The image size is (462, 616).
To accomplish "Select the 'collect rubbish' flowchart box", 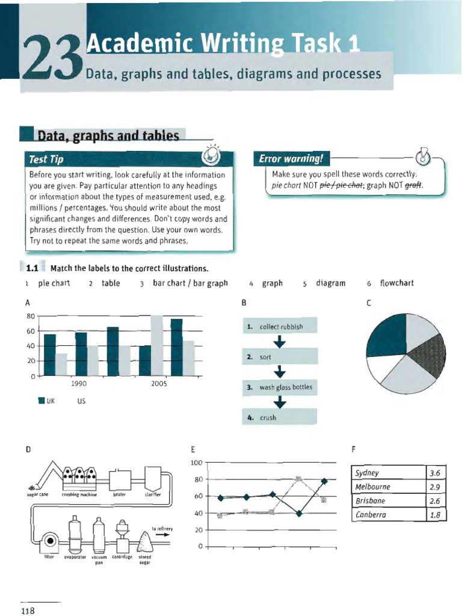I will click(280, 327).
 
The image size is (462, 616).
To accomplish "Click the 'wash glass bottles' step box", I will click(280, 387).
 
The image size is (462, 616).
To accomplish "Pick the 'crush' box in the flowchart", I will click(280, 417).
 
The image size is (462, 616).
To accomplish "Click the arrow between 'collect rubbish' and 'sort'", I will click(280, 342).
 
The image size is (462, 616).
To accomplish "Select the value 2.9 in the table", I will click(436, 487).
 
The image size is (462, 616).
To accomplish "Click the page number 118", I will click(28, 611).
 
